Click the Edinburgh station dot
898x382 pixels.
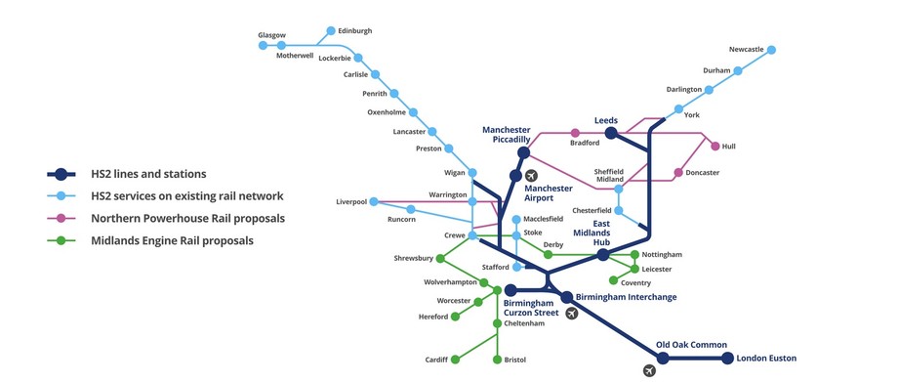coord(331,30)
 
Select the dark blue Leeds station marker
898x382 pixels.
coord(611,133)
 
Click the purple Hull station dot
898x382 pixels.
coord(715,147)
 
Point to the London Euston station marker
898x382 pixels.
coord(727,359)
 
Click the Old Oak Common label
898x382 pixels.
coord(691,344)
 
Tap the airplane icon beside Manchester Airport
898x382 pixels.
coord(532,176)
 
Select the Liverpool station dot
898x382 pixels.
coord(374,202)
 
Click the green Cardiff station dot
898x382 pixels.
coord(455,360)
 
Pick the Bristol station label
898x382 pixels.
coord(515,360)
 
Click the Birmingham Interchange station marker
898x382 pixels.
coord(566,297)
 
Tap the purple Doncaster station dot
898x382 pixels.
coord(678,173)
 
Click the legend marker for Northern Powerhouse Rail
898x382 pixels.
coord(61,219)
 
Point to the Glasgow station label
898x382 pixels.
coord(271,35)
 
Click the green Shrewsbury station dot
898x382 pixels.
coord(440,259)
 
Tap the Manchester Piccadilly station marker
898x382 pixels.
coord(523,152)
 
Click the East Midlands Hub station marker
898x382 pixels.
coord(603,255)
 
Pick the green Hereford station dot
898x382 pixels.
coord(455,317)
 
